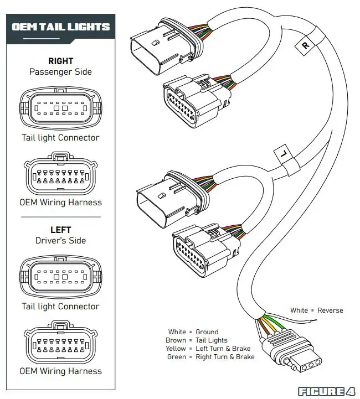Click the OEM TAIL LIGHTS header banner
(61, 27)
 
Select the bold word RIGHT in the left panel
(61, 61)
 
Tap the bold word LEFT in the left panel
(61, 230)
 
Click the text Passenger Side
(61, 71)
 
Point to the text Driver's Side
(61, 240)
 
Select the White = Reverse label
(316, 310)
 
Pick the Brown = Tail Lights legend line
(196, 340)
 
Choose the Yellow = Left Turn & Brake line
(208, 349)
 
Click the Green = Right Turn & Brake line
(210, 357)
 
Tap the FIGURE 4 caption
(327, 391)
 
